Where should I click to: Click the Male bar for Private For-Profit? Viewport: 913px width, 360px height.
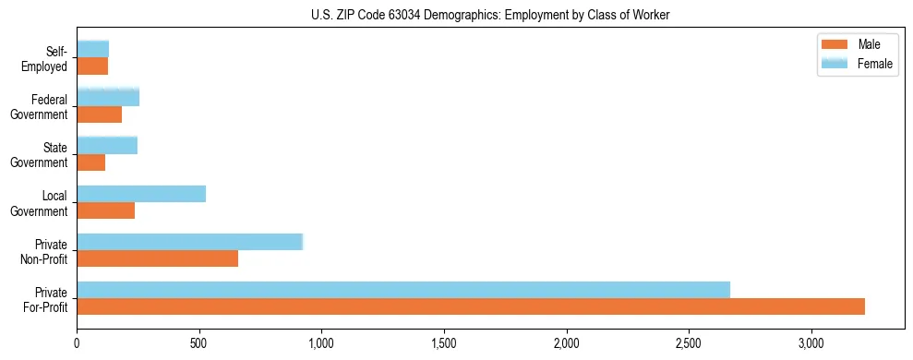(471, 306)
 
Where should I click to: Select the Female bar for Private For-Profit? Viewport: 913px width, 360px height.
(403, 290)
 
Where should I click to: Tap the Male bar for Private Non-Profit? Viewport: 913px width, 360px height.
(158, 258)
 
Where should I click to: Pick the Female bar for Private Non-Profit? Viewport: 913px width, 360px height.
(190, 242)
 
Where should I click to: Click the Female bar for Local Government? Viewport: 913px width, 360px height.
(141, 194)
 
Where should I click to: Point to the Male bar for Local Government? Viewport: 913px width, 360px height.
(106, 210)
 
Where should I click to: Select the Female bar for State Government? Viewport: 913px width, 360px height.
(107, 145)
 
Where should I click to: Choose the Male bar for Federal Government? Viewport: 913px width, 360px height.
(100, 114)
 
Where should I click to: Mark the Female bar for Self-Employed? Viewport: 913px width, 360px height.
(93, 49)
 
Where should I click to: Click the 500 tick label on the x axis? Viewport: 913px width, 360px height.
(199, 344)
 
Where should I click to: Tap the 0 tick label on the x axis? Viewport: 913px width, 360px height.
(78, 344)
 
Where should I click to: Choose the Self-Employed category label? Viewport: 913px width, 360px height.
(50, 58)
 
